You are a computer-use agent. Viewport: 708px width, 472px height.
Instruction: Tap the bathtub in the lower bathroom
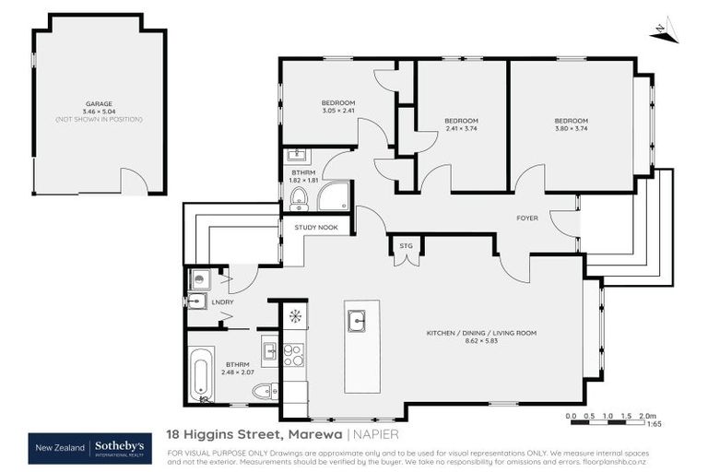click(x=202, y=374)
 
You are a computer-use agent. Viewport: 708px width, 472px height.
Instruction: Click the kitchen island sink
click(x=357, y=321)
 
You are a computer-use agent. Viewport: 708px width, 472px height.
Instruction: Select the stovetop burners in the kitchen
click(x=293, y=355)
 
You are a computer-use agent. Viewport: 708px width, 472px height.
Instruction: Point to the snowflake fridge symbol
click(x=295, y=316)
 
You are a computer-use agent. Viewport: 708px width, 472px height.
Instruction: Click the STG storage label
click(x=406, y=246)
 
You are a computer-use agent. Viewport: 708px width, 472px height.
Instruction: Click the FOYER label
click(x=527, y=218)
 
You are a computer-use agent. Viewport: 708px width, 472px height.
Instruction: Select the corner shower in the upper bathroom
click(x=335, y=195)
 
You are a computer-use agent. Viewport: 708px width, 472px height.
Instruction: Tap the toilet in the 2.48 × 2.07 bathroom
click(x=263, y=391)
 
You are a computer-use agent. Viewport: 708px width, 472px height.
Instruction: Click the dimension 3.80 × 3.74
click(x=570, y=129)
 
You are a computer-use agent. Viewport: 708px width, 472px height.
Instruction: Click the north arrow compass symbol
click(x=663, y=32)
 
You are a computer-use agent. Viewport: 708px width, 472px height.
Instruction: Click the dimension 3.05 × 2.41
click(x=337, y=111)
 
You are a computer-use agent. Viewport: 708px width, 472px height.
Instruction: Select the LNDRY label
click(x=223, y=302)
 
